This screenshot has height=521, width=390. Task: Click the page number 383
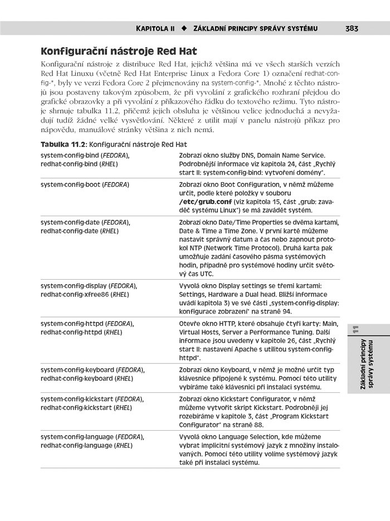point(351,28)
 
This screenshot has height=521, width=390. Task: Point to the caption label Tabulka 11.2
point(61,144)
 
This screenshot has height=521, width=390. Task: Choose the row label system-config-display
point(74,286)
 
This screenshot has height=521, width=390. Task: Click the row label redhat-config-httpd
point(72,332)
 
